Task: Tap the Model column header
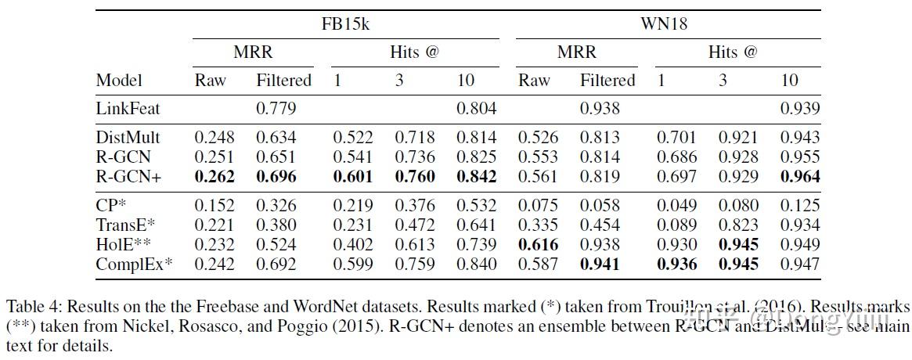tap(119, 81)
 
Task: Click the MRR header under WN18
tap(576, 52)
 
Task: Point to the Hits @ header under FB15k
tap(414, 52)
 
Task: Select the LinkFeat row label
tap(128, 109)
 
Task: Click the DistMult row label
tap(128, 138)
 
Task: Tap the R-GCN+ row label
tap(128, 177)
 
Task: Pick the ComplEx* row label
tap(134, 265)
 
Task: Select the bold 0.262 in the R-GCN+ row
tap(215, 177)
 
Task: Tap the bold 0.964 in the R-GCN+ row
tap(800, 177)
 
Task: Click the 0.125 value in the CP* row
tap(800, 206)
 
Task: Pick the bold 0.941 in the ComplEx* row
tap(600, 265)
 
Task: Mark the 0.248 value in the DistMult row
tap(215, 138)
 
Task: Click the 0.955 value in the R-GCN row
tap(800, 157)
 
